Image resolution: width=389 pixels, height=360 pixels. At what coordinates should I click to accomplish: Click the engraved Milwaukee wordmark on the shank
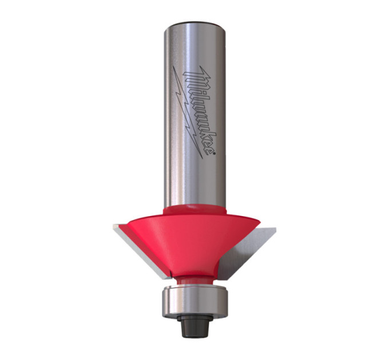click(x=199, y=111)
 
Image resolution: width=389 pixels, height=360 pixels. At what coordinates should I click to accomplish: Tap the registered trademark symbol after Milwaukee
click(x=214, y=154)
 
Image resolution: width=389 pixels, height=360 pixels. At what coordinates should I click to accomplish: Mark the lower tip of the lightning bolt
click(x=202, y=158)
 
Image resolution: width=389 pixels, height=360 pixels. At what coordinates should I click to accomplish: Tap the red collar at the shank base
click(x=194, y=209)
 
